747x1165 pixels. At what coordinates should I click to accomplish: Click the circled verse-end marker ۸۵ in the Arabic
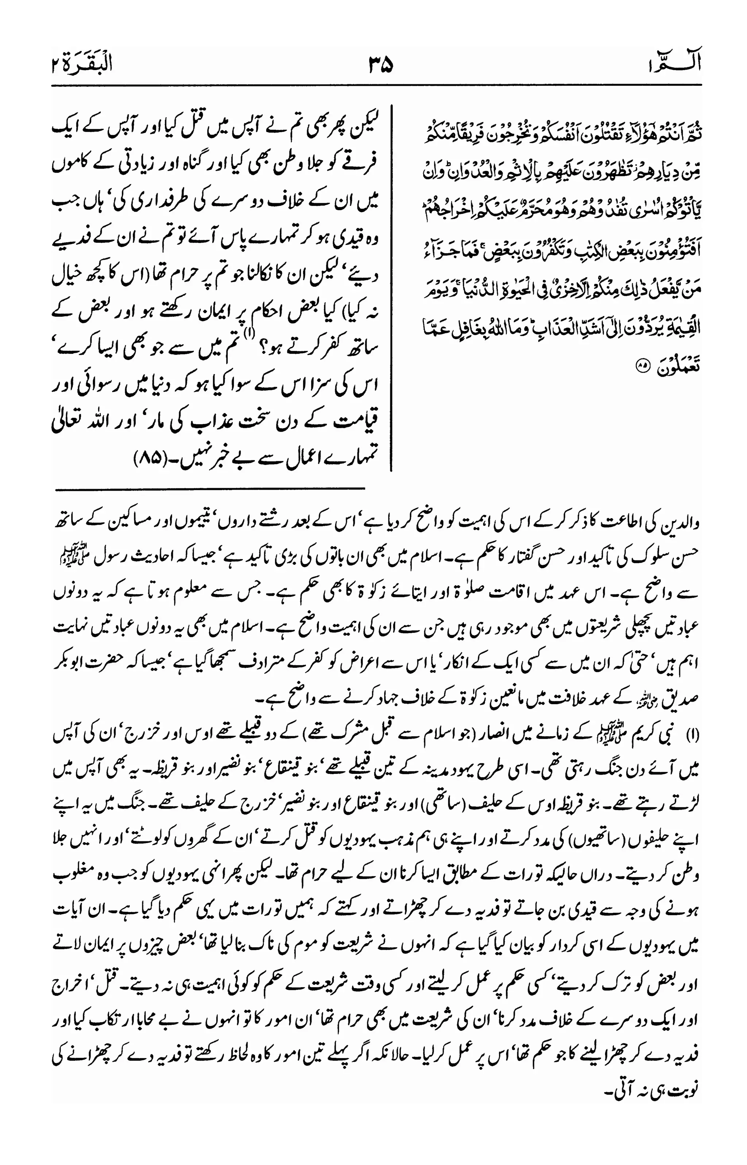coord(642,367)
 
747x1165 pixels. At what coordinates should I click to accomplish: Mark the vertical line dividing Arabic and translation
coord(391,286)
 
